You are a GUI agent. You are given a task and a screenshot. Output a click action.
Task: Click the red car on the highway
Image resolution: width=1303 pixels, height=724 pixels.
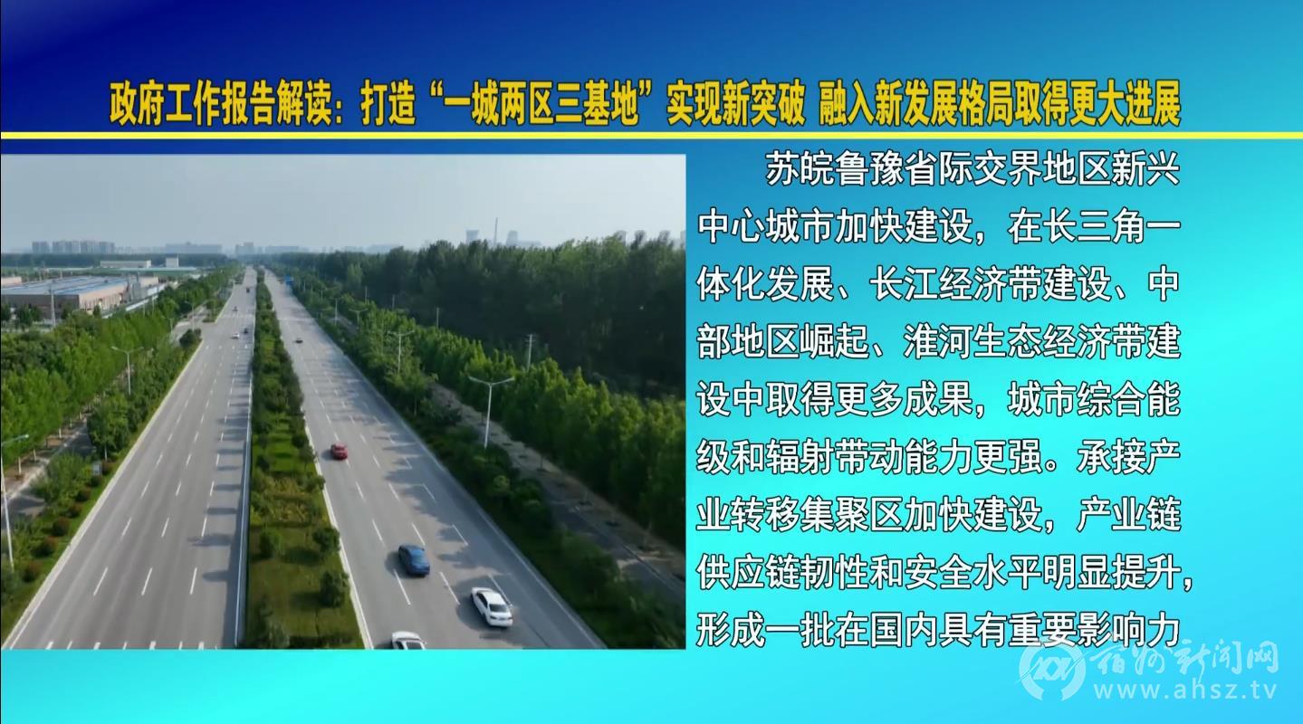pyautogui.click(x=339, y=452)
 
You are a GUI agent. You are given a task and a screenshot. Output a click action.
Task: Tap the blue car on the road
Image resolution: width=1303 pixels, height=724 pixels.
pyautogui.click(x=414, y=559)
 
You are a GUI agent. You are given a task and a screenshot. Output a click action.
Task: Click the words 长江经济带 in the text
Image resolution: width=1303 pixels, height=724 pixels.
pyautogui.click(x=954, y=285)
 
